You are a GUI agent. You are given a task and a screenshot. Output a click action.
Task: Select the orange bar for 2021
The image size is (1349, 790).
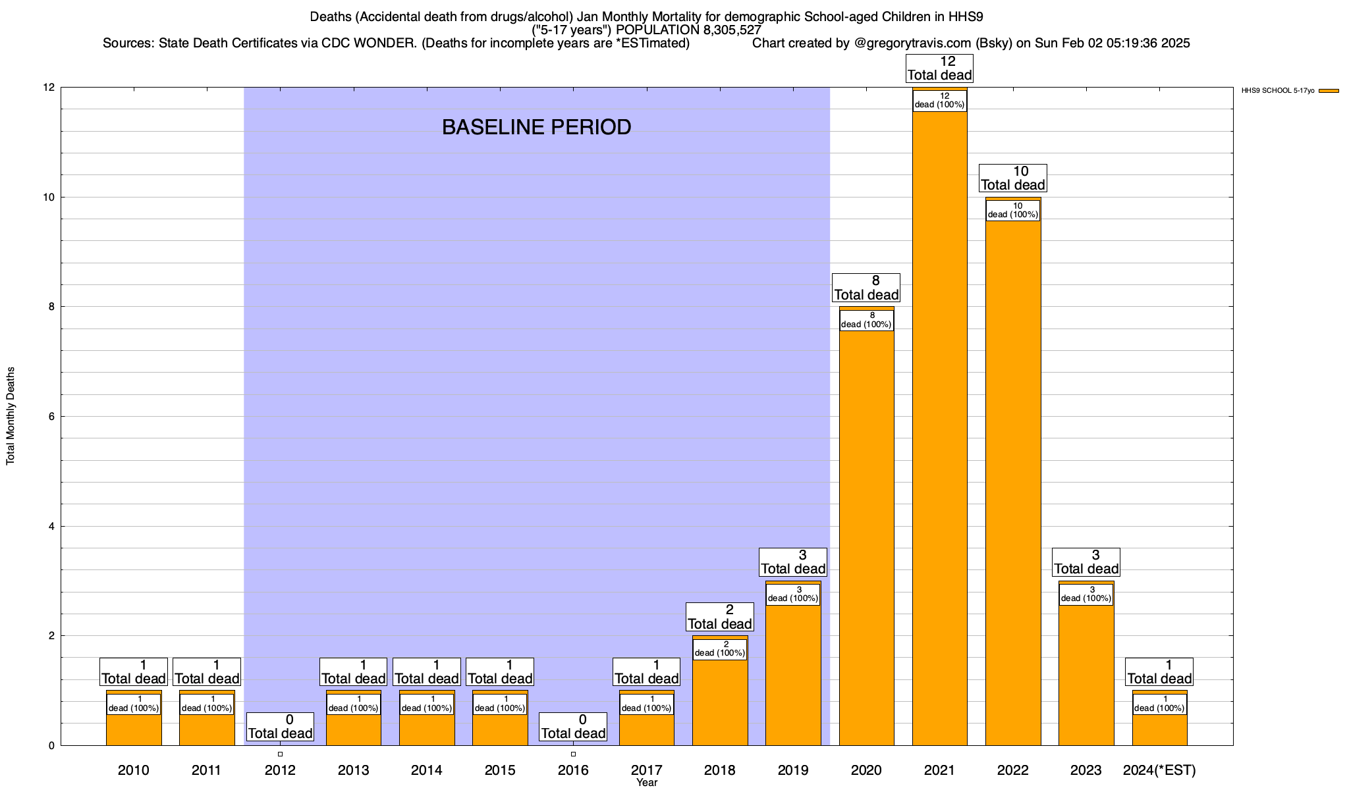(939, 428)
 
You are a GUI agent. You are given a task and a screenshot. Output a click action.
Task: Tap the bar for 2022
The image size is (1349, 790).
(1013, 481)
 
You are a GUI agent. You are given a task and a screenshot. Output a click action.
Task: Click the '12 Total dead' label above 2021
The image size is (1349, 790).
(939, 68)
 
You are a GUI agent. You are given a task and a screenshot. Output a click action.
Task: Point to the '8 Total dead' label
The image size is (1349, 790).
(866, 288)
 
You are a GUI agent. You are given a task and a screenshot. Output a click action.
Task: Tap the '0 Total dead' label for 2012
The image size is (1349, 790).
(280, 727)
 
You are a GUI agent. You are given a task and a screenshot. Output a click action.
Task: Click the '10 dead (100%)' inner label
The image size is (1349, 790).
(1013, 210)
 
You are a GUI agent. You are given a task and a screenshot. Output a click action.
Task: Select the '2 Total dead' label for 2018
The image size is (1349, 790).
(719, 617)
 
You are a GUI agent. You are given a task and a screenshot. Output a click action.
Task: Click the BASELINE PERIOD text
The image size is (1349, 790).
(536, 127)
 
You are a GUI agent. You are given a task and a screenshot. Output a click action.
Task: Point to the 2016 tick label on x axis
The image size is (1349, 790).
(573, 770)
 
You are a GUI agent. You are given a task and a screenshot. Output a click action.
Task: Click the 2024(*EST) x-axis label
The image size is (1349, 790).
(1159, 770)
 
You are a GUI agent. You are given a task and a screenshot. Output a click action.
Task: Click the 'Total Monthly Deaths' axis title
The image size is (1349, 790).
(11, 416)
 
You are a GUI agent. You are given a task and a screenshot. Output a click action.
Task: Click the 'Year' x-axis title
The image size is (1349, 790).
(647, 783)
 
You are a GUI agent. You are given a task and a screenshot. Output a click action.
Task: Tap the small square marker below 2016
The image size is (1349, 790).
(573, 754)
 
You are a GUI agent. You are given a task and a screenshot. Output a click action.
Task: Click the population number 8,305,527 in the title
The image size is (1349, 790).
(723, 30)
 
